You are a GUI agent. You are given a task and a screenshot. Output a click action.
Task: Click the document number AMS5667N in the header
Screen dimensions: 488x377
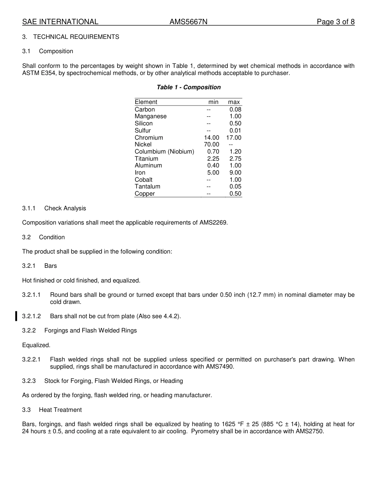pyautogui.click(x=188, y=22)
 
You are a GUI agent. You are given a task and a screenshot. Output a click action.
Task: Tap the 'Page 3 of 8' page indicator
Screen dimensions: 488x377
pyautogui.click(x=335, y=22)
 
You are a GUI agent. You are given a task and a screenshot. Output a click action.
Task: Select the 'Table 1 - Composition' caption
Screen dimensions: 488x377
pyautogui.click(x=188, y=87)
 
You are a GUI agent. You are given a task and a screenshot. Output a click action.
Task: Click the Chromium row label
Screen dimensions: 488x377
pyautogui.click(x=149, y=138)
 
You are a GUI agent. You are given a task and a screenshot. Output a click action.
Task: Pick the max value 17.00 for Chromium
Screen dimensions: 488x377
pyautogui.click(x=234, y=138)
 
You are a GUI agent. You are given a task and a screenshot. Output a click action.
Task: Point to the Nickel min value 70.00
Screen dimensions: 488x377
pyautogui.click(x=212, y=144)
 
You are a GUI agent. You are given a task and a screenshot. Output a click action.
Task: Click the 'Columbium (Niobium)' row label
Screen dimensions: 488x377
pyautogui.click(x=164, y=152)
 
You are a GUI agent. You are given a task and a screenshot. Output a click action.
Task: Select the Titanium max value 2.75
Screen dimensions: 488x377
pyautogui.click(x=235, y=159)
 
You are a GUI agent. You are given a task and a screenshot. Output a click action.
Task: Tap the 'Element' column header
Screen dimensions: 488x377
pyautogui.click(x=146, y=102)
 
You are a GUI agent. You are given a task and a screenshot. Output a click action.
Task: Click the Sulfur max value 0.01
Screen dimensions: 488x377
pyautogui.click(x=235, y=131)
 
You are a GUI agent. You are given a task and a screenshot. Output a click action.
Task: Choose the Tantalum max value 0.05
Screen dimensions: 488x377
pyautogui.click(x=235, y=186)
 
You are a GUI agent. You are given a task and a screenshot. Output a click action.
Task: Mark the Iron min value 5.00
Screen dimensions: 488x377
pyautogui.click(x=213, y=173)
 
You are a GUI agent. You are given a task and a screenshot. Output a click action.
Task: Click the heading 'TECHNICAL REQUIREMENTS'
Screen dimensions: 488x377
pyautogui.click(x=76, y=37)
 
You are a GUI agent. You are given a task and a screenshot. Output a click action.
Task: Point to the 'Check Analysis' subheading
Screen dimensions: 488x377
pyautogui.click(x=65, y=208)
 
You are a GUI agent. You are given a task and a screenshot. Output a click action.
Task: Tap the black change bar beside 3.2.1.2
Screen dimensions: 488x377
pyautogui.click(x=16, y=316)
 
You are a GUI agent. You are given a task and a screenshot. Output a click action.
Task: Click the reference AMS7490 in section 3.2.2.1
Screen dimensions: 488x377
pyautogui.click(x=219, y=367)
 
